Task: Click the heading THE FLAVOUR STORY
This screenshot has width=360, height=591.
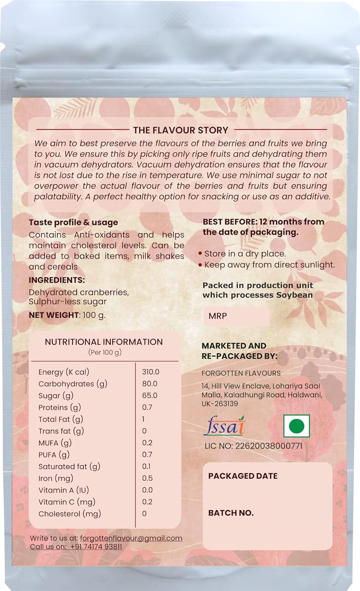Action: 181,130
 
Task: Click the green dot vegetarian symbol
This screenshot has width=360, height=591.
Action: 297,426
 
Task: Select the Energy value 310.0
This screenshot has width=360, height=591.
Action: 151,372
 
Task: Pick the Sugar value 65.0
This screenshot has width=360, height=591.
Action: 150,396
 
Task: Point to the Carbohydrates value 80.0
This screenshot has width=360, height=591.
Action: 150,384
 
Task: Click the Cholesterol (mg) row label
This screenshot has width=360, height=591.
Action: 70,514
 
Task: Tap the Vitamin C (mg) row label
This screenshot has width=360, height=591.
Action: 67,502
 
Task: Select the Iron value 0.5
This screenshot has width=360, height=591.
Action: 147,478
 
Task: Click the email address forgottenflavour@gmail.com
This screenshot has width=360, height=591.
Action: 131,538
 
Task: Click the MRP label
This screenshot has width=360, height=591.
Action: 218,316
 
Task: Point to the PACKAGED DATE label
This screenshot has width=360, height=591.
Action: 243,476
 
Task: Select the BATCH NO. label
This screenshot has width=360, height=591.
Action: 231,513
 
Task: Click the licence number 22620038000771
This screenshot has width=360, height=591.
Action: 269,446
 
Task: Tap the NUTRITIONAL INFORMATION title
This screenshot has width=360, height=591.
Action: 104,342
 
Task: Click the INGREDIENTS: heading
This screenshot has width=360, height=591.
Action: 57,280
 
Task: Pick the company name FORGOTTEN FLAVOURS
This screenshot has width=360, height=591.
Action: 241,373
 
